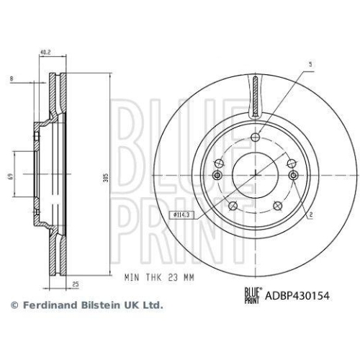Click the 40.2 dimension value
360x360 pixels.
pyautogui.click(x=44, y=52)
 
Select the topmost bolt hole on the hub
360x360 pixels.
pyautogui.click(x=255, y=138)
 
